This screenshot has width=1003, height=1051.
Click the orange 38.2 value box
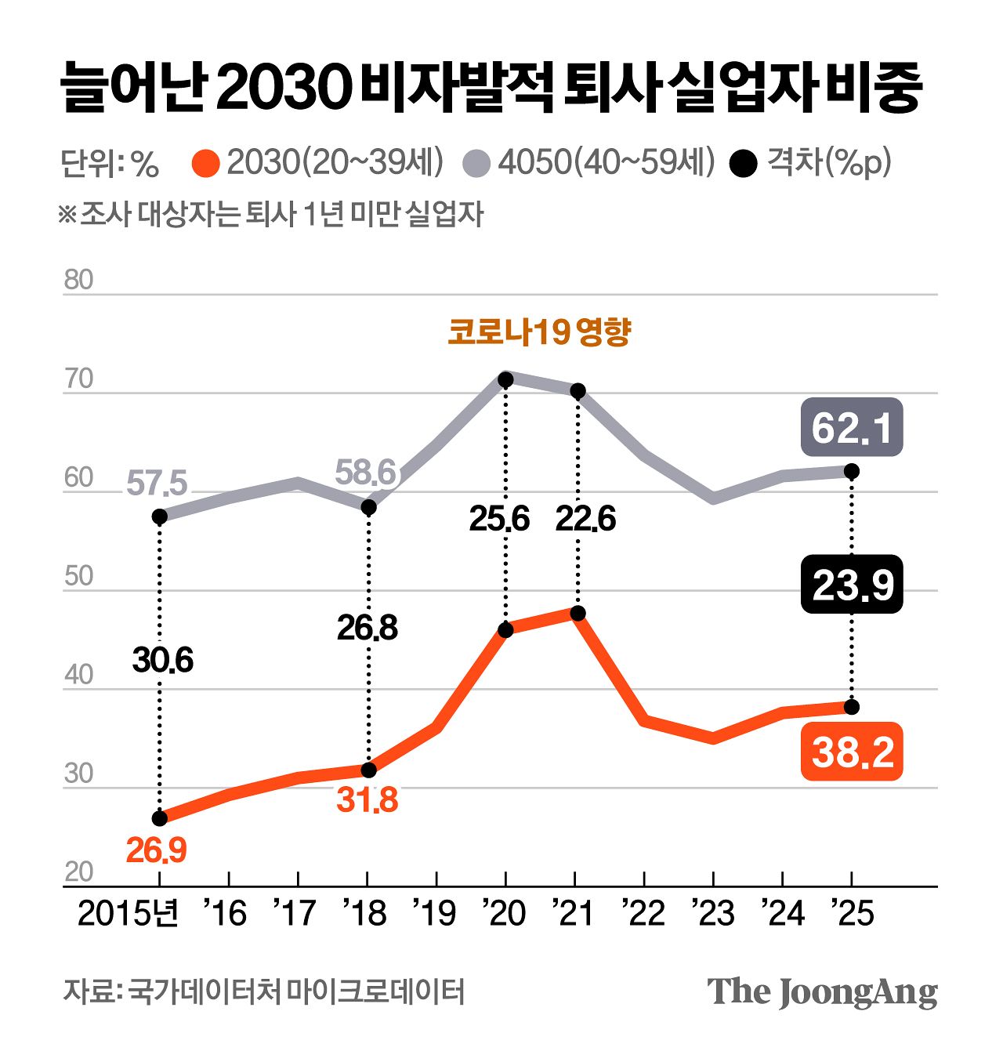(x=852, y=752)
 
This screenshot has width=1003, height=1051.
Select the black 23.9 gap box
(x=852, y=585)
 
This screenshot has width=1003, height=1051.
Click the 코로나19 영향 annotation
(x=539, y=332)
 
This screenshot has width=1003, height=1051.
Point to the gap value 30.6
(x=162, y=660)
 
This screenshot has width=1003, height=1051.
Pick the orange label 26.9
(x=157, y=850)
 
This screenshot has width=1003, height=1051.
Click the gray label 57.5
(x=157, y=484)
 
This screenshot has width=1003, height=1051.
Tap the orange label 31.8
(x=368, y=800)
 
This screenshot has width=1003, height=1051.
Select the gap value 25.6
(x=499, y=519)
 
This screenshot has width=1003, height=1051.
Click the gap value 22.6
(x=585, y=519)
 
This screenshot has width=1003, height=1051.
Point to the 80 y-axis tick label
(x=78, y=280)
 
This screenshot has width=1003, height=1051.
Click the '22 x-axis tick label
(x=643, y=913)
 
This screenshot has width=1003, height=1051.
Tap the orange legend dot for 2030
(x=205, y=164)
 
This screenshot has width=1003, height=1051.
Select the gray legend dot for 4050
(x=476, y=164)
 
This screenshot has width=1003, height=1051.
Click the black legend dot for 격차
(x=743, y=164)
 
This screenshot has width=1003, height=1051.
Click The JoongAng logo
(x=822, y=992)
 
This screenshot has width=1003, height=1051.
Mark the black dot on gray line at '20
(x=505, y=379)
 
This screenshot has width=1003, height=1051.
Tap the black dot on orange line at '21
(x=578, y=613)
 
